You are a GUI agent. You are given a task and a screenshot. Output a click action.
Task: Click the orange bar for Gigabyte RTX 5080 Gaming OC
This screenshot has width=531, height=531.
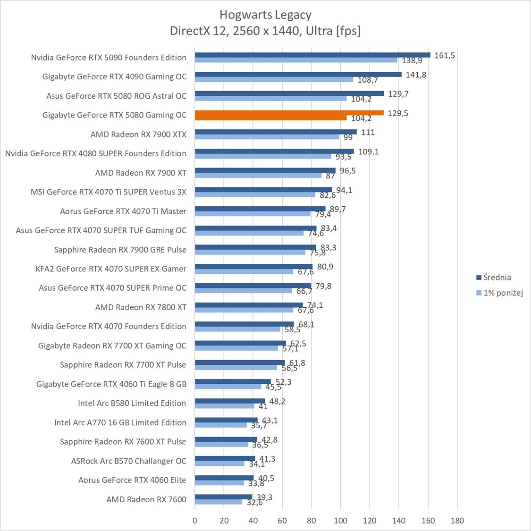tap(289, 113)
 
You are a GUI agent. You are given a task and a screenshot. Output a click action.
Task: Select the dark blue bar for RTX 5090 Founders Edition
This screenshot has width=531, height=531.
tap(312, 55)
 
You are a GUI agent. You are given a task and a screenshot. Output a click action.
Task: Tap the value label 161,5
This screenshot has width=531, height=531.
tap(445, 56)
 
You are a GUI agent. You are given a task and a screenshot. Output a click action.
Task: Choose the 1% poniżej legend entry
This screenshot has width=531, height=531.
tap(503, 293)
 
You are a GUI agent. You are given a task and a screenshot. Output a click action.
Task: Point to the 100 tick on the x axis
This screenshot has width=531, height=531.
tap(340, 521)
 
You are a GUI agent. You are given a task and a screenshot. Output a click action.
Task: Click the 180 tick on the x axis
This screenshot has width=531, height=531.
tap(457, 521)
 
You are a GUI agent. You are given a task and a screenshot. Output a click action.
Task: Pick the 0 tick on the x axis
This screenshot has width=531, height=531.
tap(195, 521)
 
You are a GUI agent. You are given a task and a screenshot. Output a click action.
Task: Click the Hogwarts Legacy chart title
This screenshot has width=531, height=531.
tap(265, 15)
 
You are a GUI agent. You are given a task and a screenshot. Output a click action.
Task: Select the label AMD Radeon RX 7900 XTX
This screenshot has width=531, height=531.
tap(138, 135)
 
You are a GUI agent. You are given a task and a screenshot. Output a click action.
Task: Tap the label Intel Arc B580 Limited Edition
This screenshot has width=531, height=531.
tap(132, 403)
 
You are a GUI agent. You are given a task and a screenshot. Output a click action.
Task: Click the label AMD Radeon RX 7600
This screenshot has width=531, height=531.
tap(146, 499)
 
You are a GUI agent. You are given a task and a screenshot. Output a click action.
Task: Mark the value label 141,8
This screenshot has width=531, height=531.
tap(416, 75)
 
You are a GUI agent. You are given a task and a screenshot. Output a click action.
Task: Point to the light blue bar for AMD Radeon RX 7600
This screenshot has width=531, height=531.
tap(219, 502)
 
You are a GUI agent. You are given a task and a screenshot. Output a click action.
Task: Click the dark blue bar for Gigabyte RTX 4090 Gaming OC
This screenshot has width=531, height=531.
tap(298, 74)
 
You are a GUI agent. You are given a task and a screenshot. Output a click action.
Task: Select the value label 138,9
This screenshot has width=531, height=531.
tap(412, 60)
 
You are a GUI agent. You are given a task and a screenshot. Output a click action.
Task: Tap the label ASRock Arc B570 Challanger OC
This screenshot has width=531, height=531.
tap(128, 461)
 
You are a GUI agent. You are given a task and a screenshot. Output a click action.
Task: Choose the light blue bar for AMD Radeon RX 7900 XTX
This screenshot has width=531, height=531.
tap(267, 137)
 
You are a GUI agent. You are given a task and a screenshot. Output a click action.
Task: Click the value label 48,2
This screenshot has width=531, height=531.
tap(277, 402)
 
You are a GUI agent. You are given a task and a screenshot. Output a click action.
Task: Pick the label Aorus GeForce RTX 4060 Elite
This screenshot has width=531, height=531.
tap(132, 480)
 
